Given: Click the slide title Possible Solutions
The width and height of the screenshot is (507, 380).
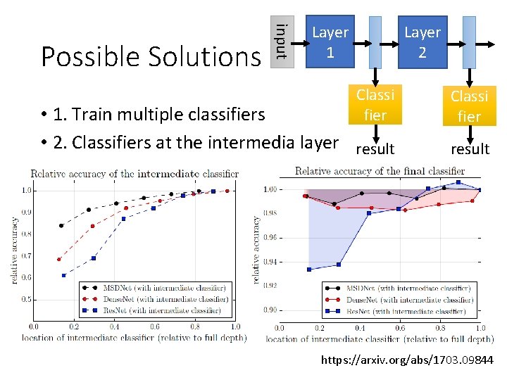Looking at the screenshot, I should (x=150, y=56).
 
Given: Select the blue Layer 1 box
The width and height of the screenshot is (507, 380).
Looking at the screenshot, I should (x=330, y=42).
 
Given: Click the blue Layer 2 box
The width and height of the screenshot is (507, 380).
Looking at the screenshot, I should (x=422, y=42).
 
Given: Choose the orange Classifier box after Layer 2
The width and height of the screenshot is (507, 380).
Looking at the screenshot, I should (x=469, y=106).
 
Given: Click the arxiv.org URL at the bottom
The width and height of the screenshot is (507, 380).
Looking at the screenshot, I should (x=407, y=361).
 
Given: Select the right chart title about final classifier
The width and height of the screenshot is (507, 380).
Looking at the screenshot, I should (x=380, y=170).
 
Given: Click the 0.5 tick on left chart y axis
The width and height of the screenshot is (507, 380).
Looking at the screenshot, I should (x=25, y=299).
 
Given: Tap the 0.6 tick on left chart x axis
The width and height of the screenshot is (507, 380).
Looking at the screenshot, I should (x=154, y=327).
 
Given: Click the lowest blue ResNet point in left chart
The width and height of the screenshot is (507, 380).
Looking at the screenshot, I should (x=63, y=275).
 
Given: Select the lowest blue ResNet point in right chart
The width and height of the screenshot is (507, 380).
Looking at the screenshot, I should (x=308, y=269).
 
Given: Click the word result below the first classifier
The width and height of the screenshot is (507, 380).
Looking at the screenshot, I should (x=375, y=149).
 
